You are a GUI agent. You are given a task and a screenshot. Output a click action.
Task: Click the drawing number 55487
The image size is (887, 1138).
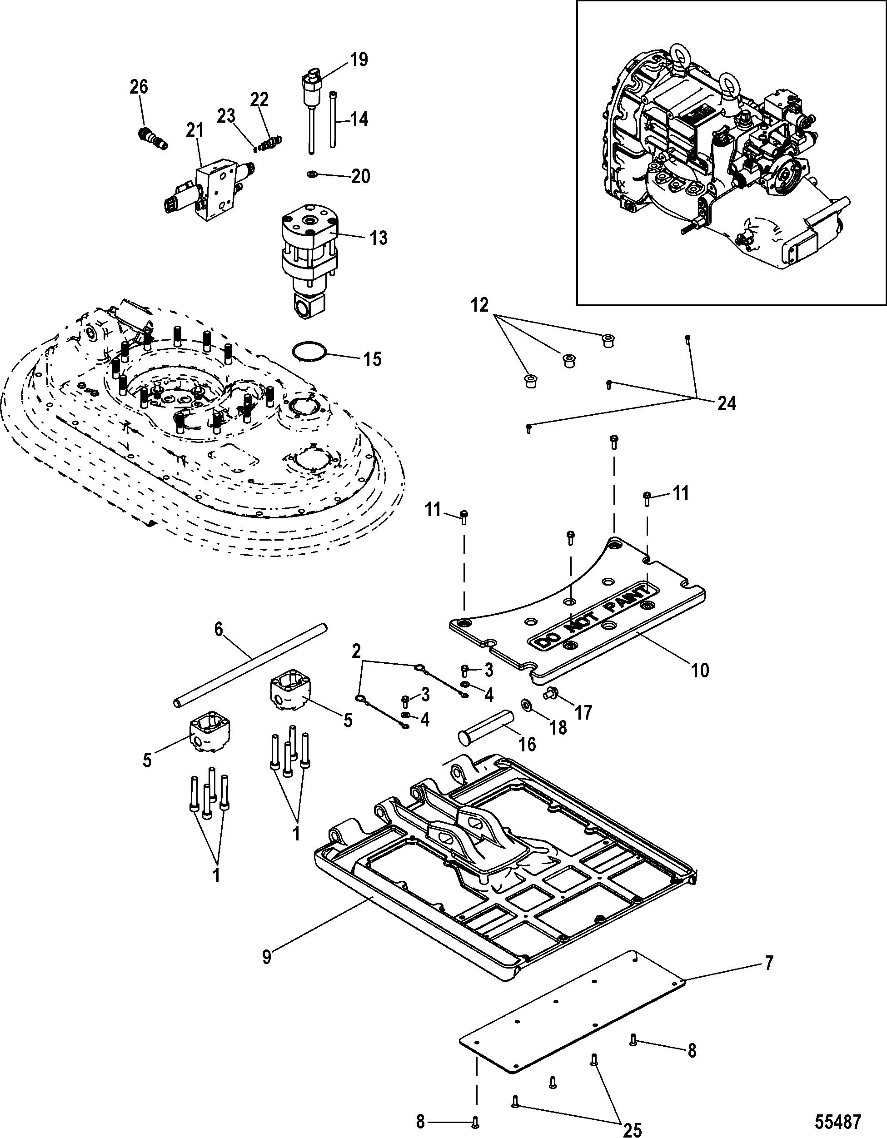[x=837, y=1120]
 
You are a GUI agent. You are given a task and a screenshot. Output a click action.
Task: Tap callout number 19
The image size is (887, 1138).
[x=359, y=60]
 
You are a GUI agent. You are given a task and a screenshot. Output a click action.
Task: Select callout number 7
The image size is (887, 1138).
[x=769, y=962]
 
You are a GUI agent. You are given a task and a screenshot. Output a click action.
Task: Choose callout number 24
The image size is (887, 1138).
[x=727, y=403]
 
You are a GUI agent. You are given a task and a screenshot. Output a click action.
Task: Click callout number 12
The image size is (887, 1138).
[x=480, y=305]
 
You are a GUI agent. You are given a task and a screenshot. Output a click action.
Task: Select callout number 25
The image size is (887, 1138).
[x=632, y=1128]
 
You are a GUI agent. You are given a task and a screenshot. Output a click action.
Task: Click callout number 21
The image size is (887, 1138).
[x=195, y=131]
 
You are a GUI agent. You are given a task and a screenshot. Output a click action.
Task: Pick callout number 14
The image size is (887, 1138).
[x=359, y=119]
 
